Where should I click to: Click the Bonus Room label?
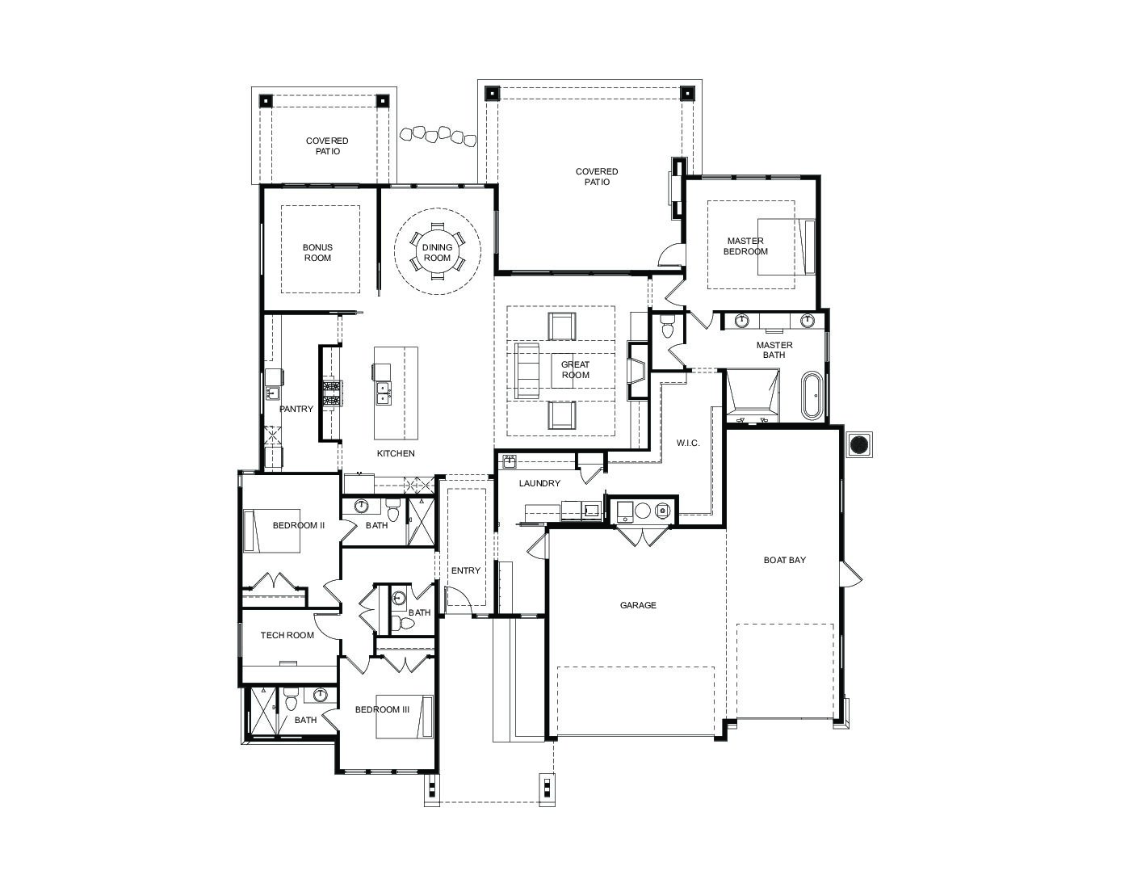click(317, 252)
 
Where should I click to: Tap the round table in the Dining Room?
click(437, 252)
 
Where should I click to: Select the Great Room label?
click(575, 369)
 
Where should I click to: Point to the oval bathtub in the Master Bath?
click(812, 395)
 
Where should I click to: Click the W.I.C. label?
click(687, 443)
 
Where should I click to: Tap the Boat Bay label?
click(784, 560)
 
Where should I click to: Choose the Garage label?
click(638, 604)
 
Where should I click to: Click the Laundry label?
click(539, 483)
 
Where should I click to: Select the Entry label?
click(466, 570)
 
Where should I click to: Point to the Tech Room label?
click(287, 635)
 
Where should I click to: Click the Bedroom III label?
click(382, 709)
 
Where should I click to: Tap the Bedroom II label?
click(299, 525)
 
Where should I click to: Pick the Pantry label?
click(296, 409)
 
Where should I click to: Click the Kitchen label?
click(396, 453)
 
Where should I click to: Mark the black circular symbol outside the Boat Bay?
click(859, 445)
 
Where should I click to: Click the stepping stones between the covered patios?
click(438, 136)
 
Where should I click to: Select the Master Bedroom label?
click(745, 246)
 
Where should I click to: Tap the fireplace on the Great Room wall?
click(638, 371)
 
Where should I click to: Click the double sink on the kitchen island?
click(384, 392)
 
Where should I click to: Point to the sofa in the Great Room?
click(527, 371)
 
